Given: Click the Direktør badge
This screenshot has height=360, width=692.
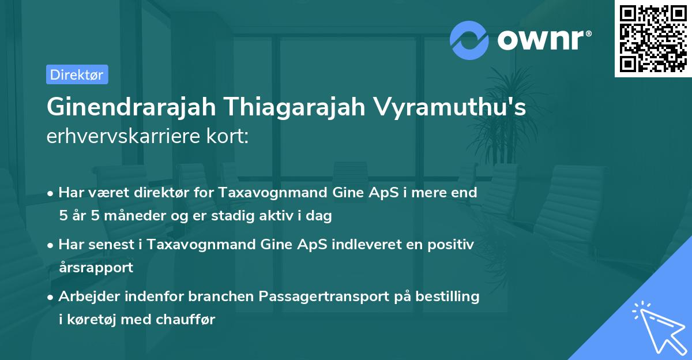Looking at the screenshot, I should [x=77, y=74].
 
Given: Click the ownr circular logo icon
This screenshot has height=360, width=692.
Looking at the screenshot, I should [x=469, y=40].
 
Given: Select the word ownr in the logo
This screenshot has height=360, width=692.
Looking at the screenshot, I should [x=544, y=40].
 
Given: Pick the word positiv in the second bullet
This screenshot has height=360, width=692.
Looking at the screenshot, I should [x=447, y=245].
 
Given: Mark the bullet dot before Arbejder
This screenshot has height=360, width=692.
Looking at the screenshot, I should [x=51, y=297].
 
